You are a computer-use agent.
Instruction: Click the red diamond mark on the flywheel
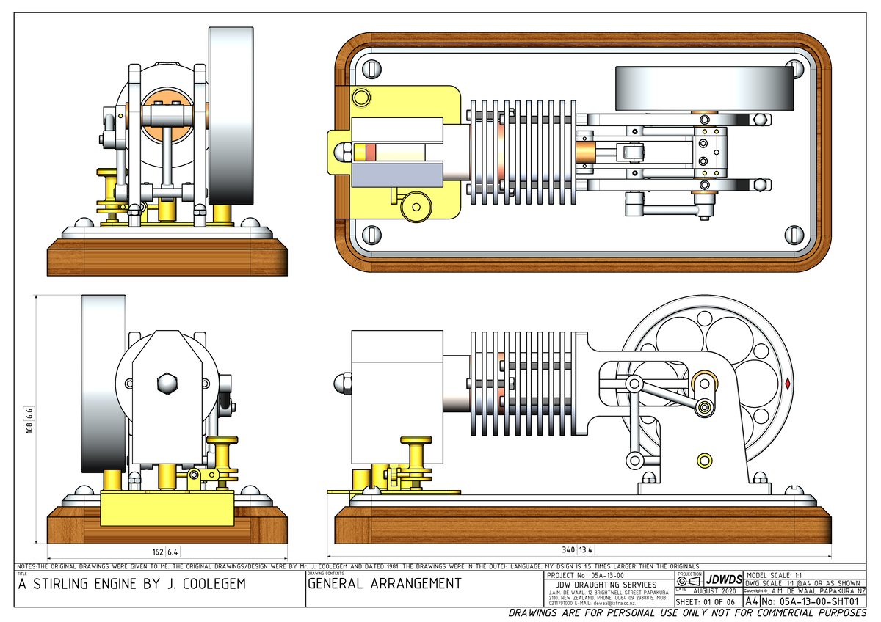point(788,383)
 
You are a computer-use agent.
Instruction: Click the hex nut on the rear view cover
point(166,383)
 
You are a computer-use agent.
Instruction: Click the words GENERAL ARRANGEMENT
point(384,584)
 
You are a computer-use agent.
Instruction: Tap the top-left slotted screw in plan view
point(370,68)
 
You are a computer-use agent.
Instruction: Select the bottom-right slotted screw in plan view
point(797,234)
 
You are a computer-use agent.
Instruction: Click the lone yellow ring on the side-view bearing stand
point(703,460)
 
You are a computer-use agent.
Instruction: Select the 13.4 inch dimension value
point(586,550)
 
